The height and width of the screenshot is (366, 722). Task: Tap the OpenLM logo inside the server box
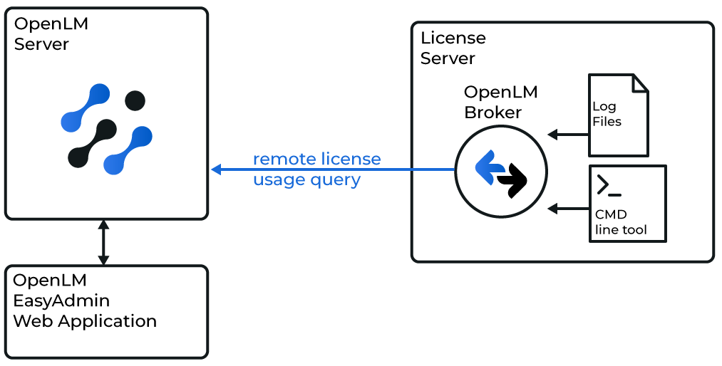coord(107,129)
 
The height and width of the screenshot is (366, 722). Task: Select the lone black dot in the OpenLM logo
coord(135,101)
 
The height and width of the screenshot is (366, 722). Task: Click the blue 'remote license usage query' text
coord(316,169)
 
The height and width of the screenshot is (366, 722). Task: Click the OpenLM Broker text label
coord(500,103)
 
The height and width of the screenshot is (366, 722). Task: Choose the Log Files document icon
coord(618,115)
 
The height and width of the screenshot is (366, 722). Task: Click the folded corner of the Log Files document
coord(639,83)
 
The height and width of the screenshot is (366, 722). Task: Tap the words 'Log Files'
coord(607,114)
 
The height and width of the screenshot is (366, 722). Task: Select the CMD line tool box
coord(627,203)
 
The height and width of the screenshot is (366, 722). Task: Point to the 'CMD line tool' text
coord(621,222)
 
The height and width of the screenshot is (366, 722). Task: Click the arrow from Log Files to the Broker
coord(567,134)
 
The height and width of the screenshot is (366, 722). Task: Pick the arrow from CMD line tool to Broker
coord(567,209)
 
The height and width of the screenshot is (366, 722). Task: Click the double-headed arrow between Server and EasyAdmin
coord(103,242)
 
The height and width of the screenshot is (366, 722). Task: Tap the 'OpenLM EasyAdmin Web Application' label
coord(85,300)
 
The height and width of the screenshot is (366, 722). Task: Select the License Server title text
coord(453,48)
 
